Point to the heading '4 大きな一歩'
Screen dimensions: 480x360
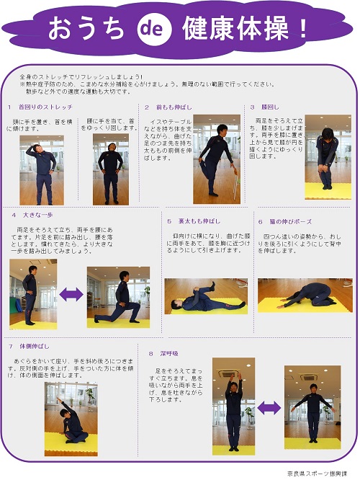[x=32, y=214]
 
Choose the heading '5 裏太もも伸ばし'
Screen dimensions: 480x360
[x=193, y=221]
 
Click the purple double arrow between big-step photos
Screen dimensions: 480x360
[x=71, y=294]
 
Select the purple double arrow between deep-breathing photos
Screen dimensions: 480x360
[x=269, y=407]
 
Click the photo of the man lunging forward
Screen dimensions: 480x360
[x=118, y=297]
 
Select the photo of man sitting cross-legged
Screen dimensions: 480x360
[x=71, y=418]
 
